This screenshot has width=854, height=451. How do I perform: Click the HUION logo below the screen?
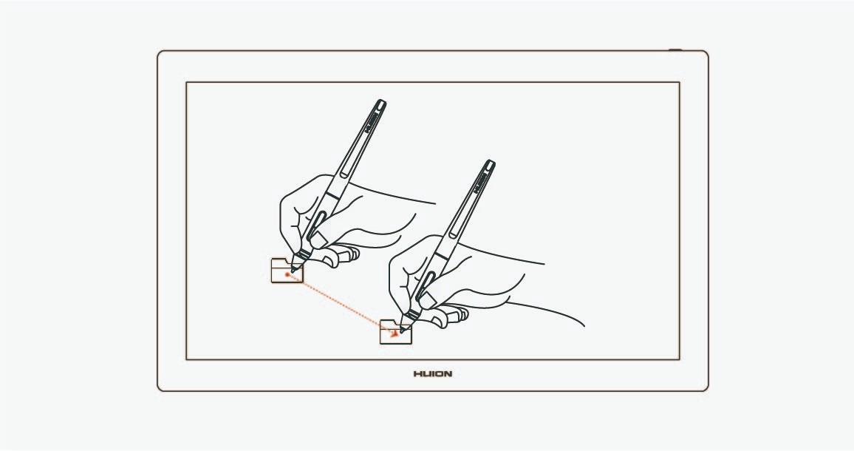pyautogui.click(x=432, y=374)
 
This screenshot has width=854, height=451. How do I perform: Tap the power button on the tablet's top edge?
pyautogui.click(x=675, y=50)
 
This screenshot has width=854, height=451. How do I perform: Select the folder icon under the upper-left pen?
pyautogui.click(x=287, y=271)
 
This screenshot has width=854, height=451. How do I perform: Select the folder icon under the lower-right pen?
pyautogui.click(x=395, y=331)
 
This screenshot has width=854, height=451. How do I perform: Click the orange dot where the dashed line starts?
pyautogui.click(x=287, y=275)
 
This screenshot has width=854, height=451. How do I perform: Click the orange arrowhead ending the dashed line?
pyautogui.click(x=394, y=333)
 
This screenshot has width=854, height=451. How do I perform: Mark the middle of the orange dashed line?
pyautogui.click(x=341, y=304)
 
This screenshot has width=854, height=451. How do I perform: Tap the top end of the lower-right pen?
pyautogui.click(x=490, y=163)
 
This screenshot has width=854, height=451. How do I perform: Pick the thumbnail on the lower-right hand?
pyautogui.click(x=428, y=298)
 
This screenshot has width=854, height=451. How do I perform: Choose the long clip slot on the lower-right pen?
pyautogui.click(x=465, y=209)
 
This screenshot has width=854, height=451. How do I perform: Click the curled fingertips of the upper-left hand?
pyautogui.click(x=341, y=254)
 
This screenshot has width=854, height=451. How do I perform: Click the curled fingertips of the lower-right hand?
pyautogui.click(x=449, y=315)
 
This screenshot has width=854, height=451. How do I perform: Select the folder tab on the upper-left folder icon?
pyautogui.click(x=279, y=262)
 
